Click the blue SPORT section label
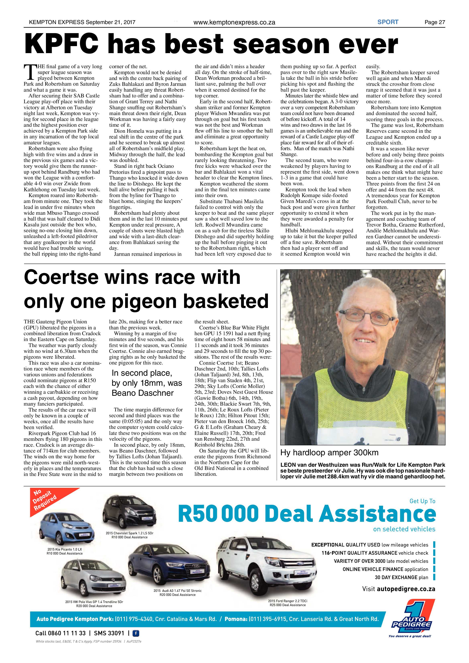click(x=388, y=22)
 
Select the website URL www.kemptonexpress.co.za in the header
click(x=234, y=22)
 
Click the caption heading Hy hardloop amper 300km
click(x=329, y=452)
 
